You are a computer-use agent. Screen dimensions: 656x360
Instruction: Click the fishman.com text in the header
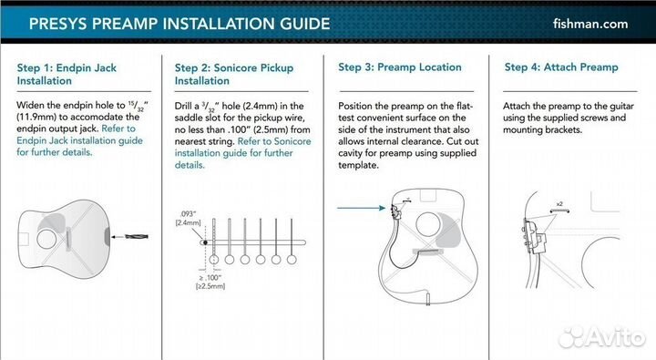(x=589, y=24)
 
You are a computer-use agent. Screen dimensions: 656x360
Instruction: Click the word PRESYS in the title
(x=58, y=24)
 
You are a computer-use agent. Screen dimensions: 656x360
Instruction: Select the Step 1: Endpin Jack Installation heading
(x=67, y=74)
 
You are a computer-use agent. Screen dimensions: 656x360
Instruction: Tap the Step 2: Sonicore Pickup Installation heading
(x=234, y=74)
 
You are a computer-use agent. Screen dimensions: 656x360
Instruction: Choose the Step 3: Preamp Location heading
(x=400, y=67)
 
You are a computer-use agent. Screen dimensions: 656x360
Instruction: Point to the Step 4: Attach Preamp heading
(x=561, y=67)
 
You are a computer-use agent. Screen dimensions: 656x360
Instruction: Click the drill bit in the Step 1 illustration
(x=137, y=237)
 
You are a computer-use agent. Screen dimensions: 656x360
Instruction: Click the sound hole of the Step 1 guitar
(x=46, y=239)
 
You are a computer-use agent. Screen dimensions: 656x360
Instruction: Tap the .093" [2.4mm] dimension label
(x=188, y=218)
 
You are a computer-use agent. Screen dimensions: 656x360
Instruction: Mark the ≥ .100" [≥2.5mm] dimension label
(x=210, y=283)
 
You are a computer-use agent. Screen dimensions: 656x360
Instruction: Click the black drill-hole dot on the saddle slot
(x=205, y=242)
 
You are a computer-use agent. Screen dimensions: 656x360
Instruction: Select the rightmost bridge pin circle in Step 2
(x=292, y=260)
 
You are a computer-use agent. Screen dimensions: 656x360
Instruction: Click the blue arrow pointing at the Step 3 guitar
(x=361, y=208)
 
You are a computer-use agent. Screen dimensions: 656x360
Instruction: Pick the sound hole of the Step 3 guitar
(x=427, y=224)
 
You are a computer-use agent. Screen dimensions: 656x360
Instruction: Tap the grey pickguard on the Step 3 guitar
(x=447, y=231)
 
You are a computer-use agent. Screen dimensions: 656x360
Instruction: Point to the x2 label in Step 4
(x=559, y=204)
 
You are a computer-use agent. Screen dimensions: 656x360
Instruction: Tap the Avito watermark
(x=602, y=336)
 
